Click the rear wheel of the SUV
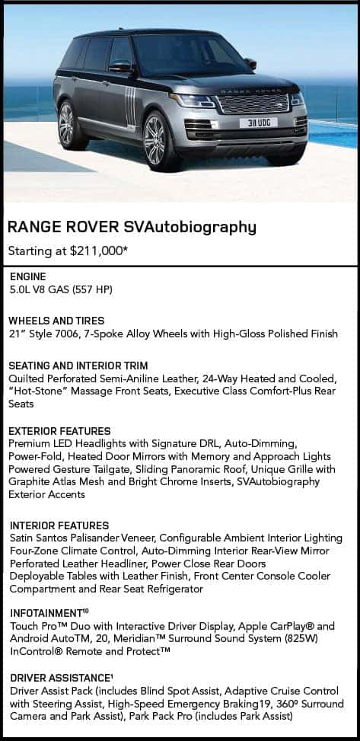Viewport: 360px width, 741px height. point(66,124)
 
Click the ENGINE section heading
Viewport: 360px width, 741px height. point(27,277)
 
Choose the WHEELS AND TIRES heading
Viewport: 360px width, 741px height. point(56,321)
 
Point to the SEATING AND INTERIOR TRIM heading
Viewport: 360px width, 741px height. point(78,366)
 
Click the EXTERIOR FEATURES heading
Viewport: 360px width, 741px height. point(59,430)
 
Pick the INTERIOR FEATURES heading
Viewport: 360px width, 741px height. point(59,525)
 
